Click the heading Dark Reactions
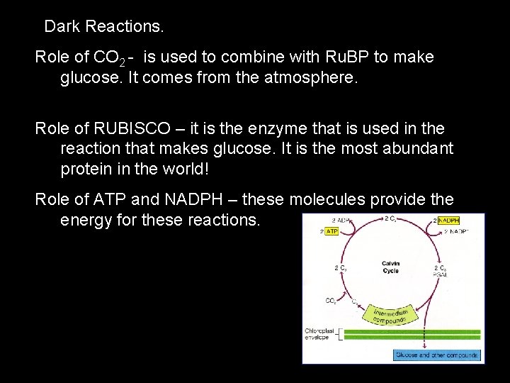(x=104, y=28)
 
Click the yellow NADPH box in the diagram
(x=448, y=221)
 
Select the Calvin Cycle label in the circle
(x=390, y=267)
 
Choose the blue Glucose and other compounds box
(x=437, y=355)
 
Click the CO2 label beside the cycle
(x=331, y=301)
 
